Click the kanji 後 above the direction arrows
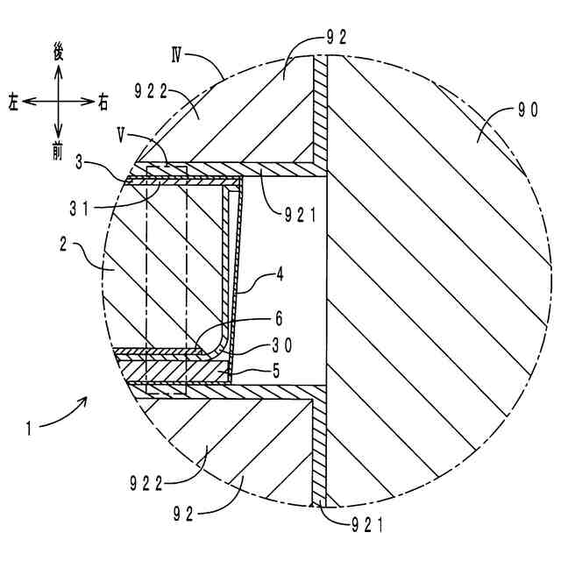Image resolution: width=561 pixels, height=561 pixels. [x=58, y=54]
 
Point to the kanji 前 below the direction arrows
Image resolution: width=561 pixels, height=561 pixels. [x=58, y=152]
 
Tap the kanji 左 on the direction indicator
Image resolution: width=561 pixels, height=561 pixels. [x=13, y=103]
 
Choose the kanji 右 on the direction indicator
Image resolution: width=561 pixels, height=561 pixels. [x=103, y=103]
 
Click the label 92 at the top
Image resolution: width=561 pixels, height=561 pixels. [x=337, y=37]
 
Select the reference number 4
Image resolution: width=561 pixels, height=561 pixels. [x=280, y=274]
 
